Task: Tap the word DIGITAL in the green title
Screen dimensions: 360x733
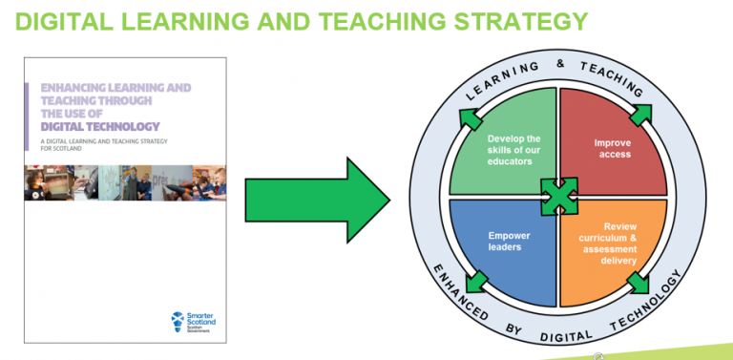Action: coord(58,21)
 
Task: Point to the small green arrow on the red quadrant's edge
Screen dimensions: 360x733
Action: coord(639,114)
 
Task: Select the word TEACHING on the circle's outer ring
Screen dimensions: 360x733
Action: coord(612,79)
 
